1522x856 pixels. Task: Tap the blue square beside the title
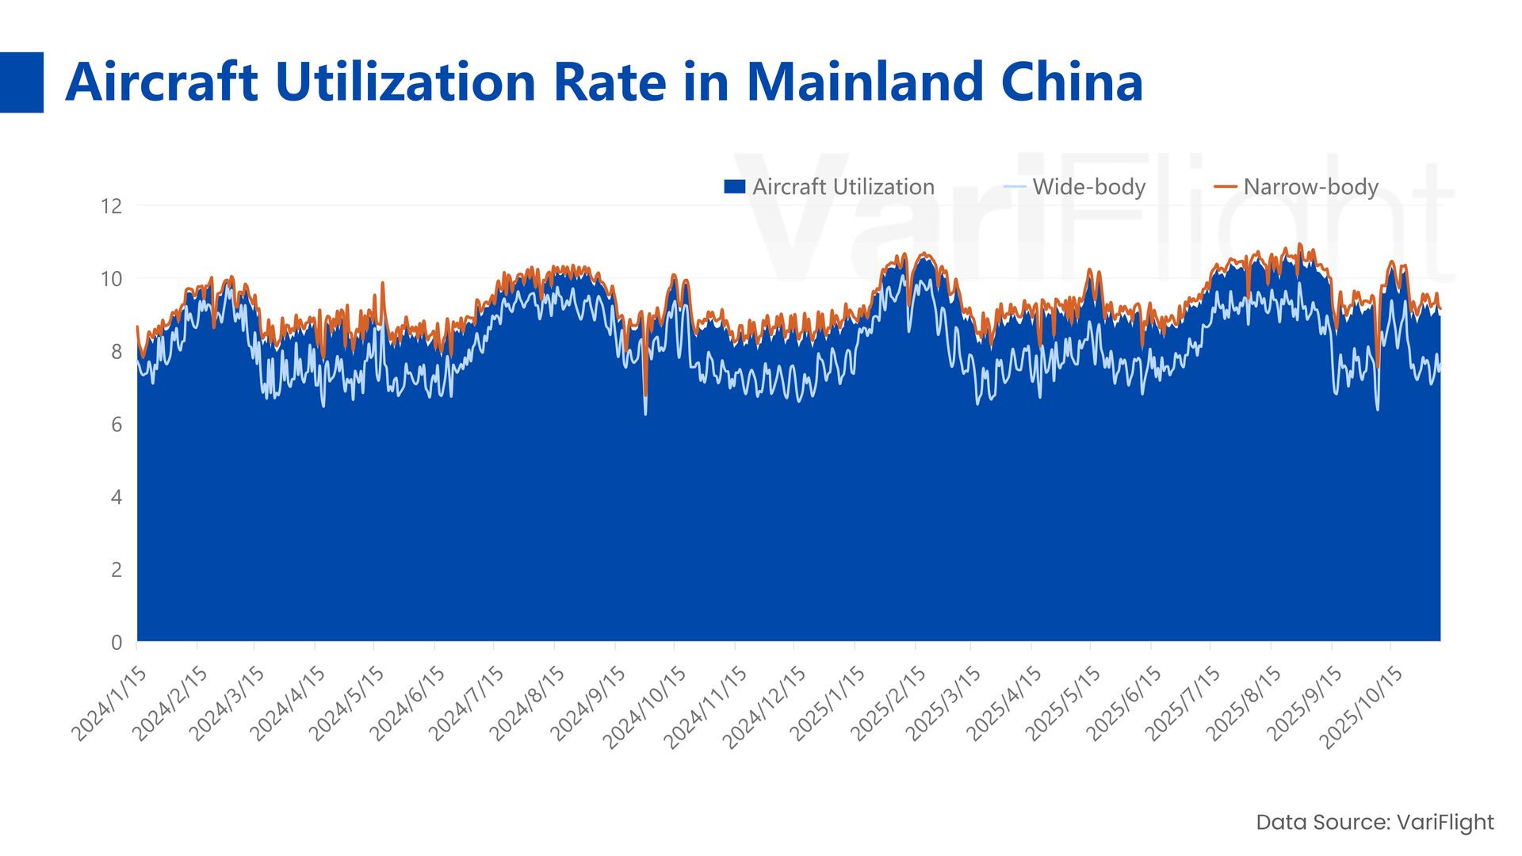click(x=21, y=82)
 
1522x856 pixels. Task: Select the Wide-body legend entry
click(x=1076, y=187)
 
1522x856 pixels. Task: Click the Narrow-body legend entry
click(x=1297, y=187)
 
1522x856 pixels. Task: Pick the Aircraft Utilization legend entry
click(x=829, y=187)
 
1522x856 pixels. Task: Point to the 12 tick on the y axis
click(x=112, y=207)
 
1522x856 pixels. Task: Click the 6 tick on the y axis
click(x=117, y=425)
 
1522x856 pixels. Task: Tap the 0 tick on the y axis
click(x=117, y=643)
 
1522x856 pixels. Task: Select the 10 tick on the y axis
click(x=112, y=279)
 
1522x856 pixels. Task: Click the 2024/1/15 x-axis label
click(x=110, y=703)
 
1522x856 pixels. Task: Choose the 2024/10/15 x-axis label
click(x=644, y=707)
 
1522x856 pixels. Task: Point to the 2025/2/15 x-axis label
click(x=888, y=703)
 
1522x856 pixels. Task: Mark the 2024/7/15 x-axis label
click(x=467, y=703)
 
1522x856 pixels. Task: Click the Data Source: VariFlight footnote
click(x=1375, y=822)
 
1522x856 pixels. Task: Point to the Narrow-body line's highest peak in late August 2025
click(x=1300, y=244)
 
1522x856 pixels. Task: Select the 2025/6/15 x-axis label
click(x=1124, y=703)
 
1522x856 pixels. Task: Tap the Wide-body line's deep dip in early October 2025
click(x=1378, y=409)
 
